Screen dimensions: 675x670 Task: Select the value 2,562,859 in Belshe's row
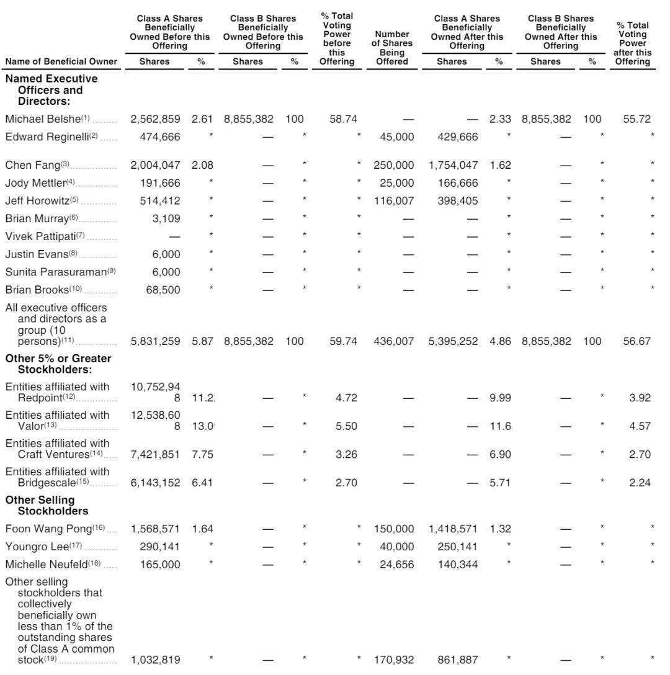155,119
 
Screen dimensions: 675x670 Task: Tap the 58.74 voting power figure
343,119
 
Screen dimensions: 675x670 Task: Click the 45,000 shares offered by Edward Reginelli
397,137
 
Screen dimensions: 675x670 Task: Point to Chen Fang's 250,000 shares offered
393,165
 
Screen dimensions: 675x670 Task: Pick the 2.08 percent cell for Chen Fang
202,165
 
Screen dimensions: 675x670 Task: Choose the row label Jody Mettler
35,183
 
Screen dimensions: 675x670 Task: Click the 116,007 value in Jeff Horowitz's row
393,201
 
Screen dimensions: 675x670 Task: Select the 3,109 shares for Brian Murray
166,218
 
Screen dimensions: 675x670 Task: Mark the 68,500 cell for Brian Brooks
163,290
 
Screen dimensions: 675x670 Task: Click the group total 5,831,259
155,341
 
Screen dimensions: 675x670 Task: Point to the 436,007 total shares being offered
393,341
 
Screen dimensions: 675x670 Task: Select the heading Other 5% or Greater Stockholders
58,364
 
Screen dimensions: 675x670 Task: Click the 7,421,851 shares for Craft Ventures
155,455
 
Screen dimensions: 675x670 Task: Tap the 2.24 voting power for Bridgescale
640,483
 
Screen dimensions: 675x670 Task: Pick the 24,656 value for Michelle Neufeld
397,565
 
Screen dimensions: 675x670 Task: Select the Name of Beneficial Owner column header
61,62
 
